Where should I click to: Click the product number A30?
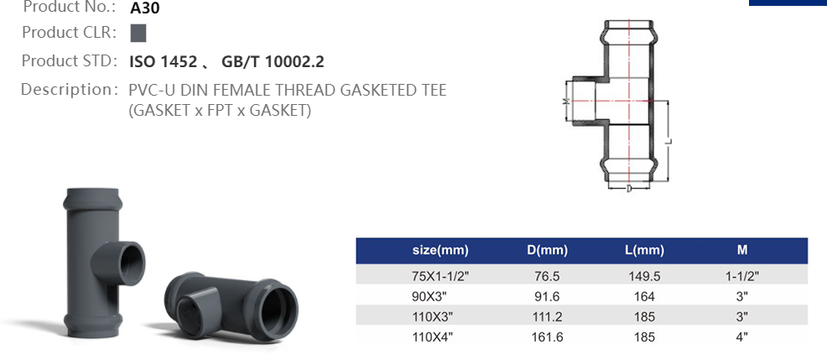pyautogui.click(x=145, y=9)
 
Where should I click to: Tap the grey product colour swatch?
pyautogui.click(x=138, y=34)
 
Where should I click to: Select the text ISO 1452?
pyautogui.click(x=164, y=61)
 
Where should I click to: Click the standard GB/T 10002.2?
pyautogui.click(x=273, y=61)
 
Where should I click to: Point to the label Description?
pyautogui.click(x=68, y=89)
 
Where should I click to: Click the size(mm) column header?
pyautogui.click(x=440, y=250)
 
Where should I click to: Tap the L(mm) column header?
pyautogui.click(x=645, y=250)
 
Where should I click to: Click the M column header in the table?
pyautogui.click(x=741, y=250)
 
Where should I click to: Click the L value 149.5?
pyautogui.click(x=645, y=274)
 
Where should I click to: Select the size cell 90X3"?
pyautogui.click(x=440, y=295)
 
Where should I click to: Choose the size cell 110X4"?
pyautogui.click(x=440, y=336)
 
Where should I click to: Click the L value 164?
pyautogui.click(x=645, y=295)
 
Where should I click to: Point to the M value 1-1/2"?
pyautogui.click(x=741, y=274)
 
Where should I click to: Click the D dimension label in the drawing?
pyautogui.click(x=628, y=189)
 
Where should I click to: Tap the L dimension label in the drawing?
pyautogui.click(x=668, y=141)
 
